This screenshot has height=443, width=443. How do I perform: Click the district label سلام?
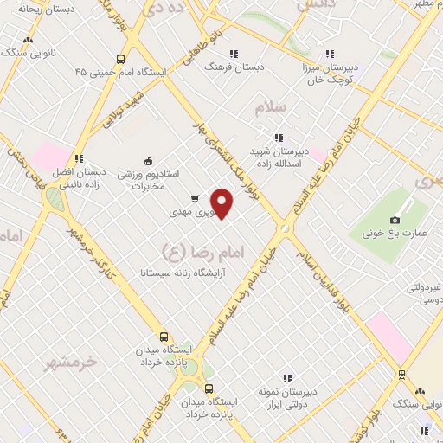[x=270, y=106]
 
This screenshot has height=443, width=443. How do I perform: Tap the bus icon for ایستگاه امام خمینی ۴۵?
[x=119, y=60]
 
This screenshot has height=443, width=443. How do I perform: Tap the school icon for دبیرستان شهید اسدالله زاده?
[x=278, y=137]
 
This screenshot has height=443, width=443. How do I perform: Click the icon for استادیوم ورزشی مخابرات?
[x=147, y=160]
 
